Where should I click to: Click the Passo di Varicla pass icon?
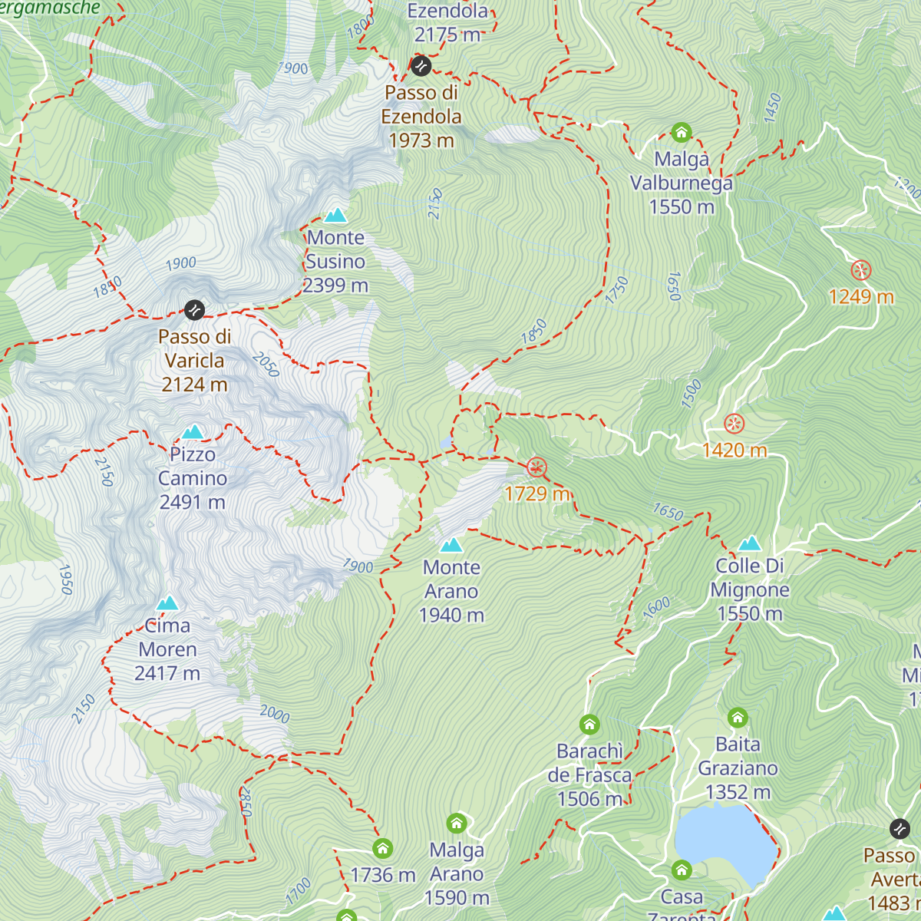click(194, 310)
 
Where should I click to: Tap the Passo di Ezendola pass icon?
click(420, 66)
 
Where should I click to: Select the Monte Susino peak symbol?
click(335, 215)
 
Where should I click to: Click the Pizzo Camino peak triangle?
click(193, 432)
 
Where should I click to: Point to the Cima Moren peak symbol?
click(167, 602)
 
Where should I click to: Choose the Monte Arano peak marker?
click(451, 545)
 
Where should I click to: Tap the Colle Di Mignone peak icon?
click(749, 543)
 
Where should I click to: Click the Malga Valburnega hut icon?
click(681, 133)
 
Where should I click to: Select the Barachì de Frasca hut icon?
click(589, 725)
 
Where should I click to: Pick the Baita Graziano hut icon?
click(738, 718)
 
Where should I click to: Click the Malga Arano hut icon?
click(457, 824)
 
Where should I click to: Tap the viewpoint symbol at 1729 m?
click(536, 467)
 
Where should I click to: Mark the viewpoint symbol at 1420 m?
click(734, 424)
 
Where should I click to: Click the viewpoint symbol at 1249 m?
click(861, 270)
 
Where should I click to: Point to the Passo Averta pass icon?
click(899, 829)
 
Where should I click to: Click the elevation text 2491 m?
click(192, 502)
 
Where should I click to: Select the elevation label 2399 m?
click(335, 286)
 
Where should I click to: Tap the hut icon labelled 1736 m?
click(382, 848)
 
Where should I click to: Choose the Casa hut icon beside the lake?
click(682, 870)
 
